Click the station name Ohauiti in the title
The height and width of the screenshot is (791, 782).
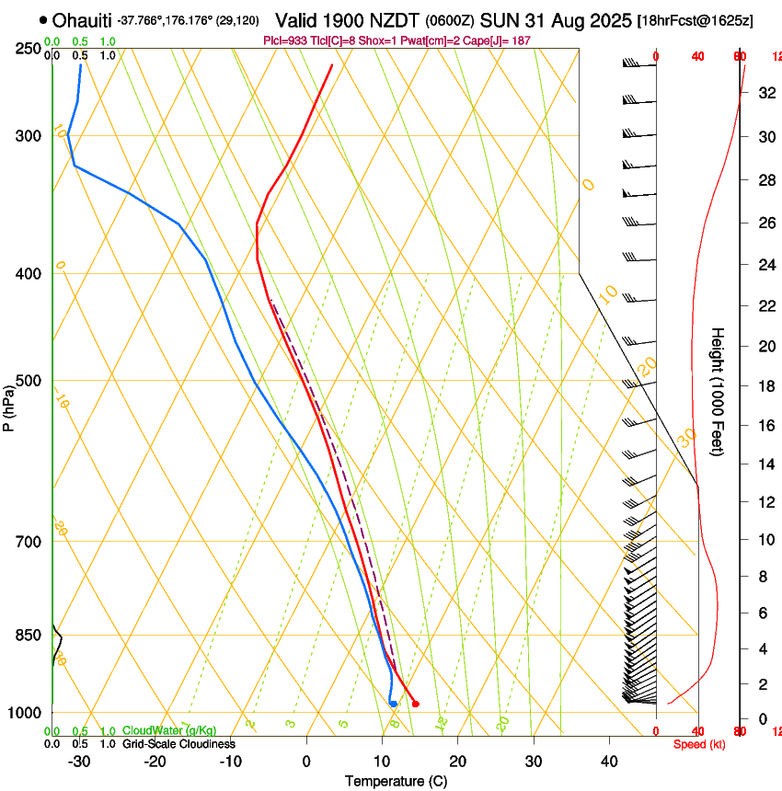[x=83, y=20]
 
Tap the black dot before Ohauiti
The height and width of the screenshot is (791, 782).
[x=43, y=19]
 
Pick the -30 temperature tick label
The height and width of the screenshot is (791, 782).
[x=79, y=761]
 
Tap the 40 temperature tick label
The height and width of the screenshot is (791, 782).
[x=608, y=761]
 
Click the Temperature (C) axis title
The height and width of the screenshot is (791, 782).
[x=396, y=781]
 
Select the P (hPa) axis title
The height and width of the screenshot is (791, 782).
[x=8, y=405]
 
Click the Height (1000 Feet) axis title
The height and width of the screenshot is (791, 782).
[x=719, y=392]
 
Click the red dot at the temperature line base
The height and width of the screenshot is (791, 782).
[x=416, y=705]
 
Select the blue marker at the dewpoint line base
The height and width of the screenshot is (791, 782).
[x=393, y=704]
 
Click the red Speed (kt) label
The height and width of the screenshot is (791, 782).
[x=699, y=744]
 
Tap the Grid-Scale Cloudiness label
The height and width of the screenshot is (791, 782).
[x=178, y=744]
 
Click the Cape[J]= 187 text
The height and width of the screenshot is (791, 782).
[x=504, y=40]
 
